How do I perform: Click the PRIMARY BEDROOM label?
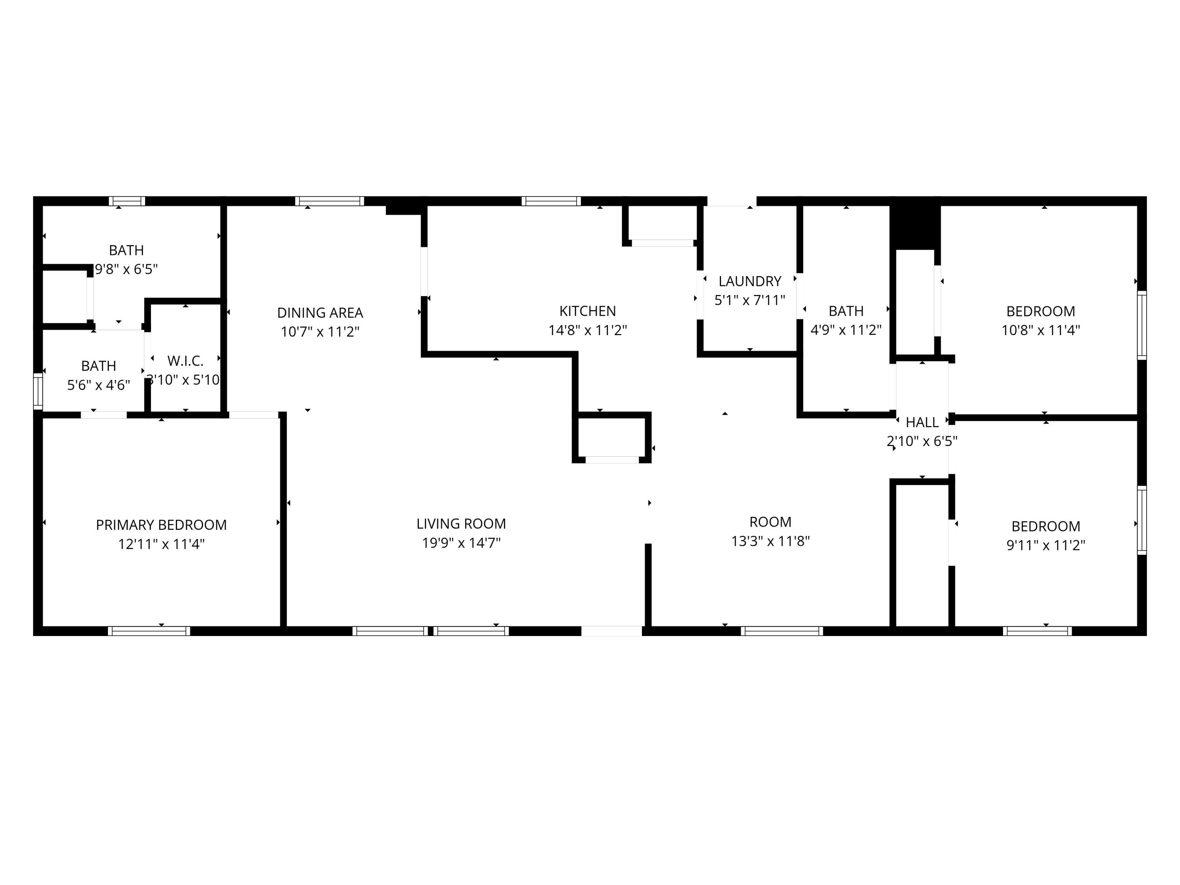[x=161, y=525]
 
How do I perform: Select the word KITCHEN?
[x=587, y=311]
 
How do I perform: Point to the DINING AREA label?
[x=320, y=313]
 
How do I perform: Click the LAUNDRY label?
[x=750, y=281]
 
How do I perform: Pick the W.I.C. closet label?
[x=185, y=361]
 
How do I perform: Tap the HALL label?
[x=922, y=422]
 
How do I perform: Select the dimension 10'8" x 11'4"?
[x=1041, y=330]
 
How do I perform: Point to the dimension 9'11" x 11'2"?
[x=1045, y=545]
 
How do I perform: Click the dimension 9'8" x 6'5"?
[x=126, y=269]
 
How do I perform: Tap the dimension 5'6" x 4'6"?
[x=99, y=385]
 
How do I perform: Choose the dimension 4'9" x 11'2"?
[x=846, y=330]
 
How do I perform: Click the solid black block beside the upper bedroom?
[x=915, y=227]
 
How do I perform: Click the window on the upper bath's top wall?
[x=127, y=201]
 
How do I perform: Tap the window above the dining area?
[x=330, y=201]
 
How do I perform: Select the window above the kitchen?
[x=551, y=201]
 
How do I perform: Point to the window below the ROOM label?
[x=782, y=631]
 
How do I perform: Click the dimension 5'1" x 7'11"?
[x=750, y=301]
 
